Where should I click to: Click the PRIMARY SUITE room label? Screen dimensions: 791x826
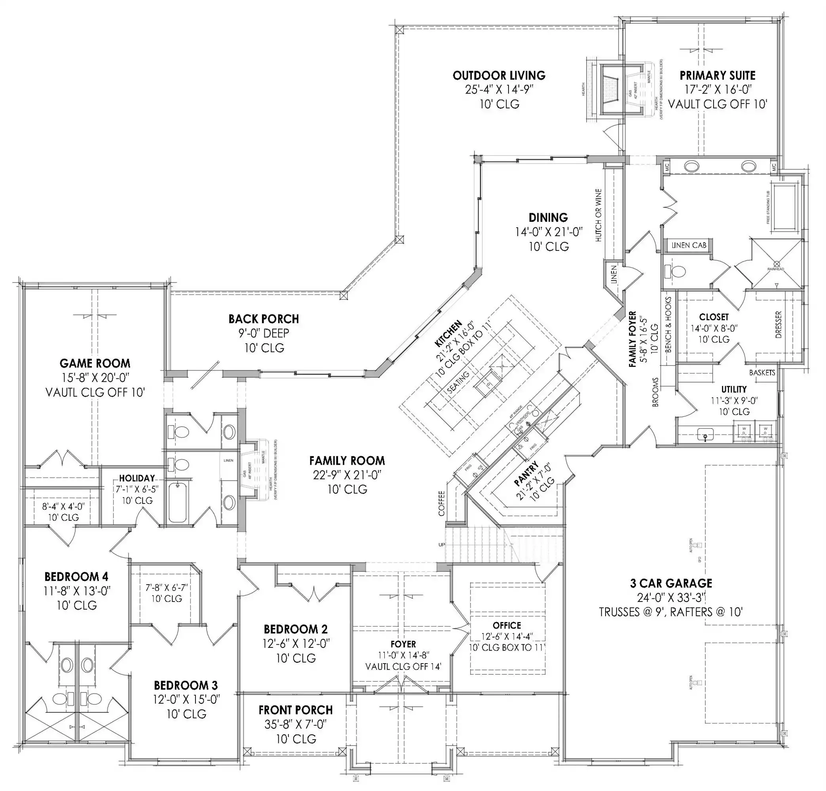coord(717,76)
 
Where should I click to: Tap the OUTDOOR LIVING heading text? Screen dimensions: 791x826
coord(499,76)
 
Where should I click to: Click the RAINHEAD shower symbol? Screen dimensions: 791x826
coord(776,265)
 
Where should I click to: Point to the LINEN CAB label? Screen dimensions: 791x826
coord(689,245)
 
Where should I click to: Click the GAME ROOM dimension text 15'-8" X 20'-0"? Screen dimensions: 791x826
coord(95,377)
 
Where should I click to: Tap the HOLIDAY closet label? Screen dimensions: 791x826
coord(137,478)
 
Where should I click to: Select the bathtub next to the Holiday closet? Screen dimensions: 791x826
coord(177,503)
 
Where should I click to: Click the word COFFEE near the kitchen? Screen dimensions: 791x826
coord(442,504)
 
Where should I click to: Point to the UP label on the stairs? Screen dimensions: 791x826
coord(442,545)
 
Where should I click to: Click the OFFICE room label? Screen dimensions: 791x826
coord(507,625)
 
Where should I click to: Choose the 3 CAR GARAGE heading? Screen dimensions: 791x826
coord(671,583)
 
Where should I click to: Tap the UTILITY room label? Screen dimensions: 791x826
coord(734,390)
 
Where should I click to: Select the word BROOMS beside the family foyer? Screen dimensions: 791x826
coord(655,392)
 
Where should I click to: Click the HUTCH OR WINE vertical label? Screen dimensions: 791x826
coord(598,215)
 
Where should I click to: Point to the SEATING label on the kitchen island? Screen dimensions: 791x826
coord(458,382)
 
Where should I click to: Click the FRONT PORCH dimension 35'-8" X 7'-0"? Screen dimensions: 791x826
coord(295,725)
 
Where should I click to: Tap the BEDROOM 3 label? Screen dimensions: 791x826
coord(186,685)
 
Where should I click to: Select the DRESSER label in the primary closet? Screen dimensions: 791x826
coord(779,324)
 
